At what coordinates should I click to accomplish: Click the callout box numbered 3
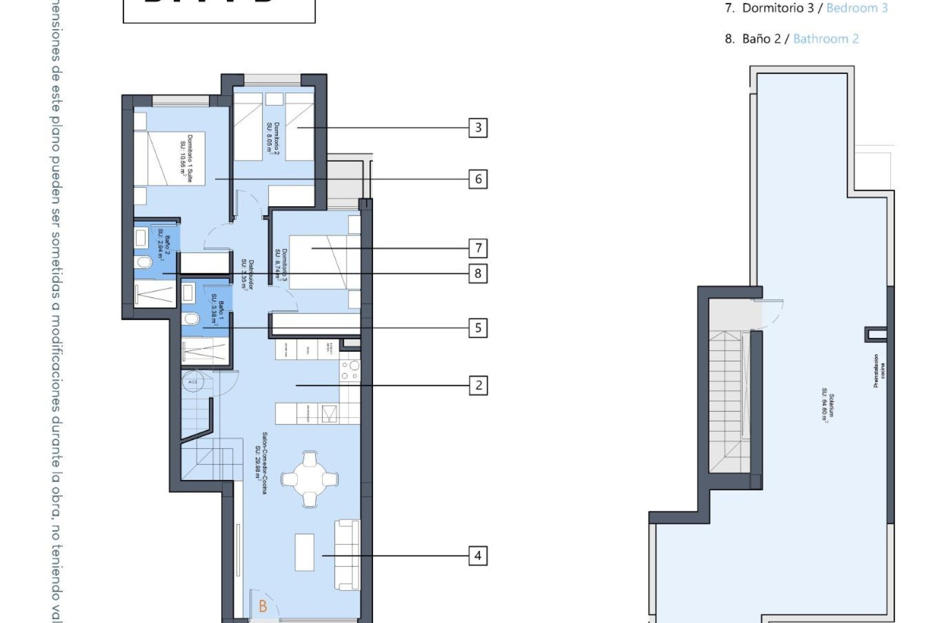478,128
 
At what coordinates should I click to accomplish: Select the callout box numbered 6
478,179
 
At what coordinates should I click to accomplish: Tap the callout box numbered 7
478,248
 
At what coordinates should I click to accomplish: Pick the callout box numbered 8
478,274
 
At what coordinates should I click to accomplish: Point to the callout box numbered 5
478,328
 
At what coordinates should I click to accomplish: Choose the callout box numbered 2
478,385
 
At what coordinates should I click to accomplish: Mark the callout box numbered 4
478,555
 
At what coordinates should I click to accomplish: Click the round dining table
310,479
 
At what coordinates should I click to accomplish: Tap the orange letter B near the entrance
263,606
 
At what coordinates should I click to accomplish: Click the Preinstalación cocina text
879,371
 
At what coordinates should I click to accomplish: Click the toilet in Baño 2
144,263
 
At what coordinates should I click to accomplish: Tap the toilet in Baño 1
191,319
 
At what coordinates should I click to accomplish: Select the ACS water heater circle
193,382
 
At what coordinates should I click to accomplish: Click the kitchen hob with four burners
350,370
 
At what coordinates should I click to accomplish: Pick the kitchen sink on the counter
329,414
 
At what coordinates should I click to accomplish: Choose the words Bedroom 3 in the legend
857,8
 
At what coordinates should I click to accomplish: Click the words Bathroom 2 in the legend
826,39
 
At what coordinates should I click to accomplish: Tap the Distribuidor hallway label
248,275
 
